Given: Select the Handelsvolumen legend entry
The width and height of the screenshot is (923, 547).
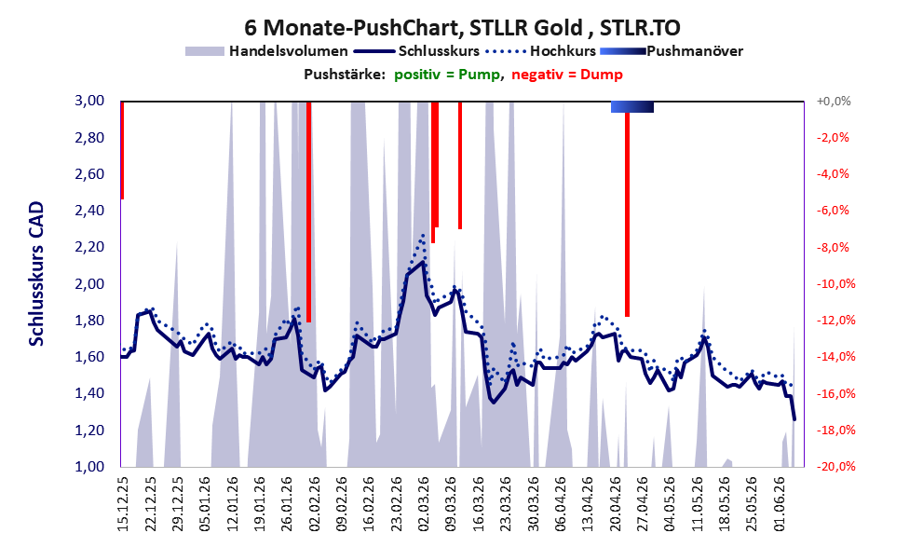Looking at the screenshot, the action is (266, 51).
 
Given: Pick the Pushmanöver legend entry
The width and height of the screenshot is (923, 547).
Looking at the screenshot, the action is (672, 51).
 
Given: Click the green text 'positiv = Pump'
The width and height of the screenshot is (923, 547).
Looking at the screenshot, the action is (447, 75).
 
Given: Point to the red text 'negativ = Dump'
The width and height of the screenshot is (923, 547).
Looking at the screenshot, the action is (567, 75).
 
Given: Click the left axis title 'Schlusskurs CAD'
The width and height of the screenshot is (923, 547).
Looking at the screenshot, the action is (36, 274).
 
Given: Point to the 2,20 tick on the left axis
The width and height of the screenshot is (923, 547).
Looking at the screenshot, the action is (89, 247).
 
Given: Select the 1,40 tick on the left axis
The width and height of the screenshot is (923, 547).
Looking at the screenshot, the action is (89, 393).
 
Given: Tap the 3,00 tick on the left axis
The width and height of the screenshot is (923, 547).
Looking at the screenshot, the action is (89, 101).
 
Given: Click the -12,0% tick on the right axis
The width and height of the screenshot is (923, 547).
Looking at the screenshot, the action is (833, 321).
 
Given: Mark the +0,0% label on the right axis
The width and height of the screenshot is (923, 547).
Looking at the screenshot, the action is (834, 102).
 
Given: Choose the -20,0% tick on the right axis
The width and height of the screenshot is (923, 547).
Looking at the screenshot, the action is (833, 466).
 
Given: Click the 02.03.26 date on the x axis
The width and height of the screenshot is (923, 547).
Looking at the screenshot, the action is (423, 504).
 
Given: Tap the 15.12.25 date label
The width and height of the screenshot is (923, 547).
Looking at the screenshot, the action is (123, 504).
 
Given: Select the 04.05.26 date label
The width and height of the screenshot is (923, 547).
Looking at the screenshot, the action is (669, 504).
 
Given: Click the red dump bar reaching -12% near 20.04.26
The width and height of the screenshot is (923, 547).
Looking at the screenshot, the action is (628, 214).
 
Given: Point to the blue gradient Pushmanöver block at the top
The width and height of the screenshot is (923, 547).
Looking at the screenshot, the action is (632, 106).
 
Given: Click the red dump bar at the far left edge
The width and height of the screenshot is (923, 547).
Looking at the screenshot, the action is (122, 150).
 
